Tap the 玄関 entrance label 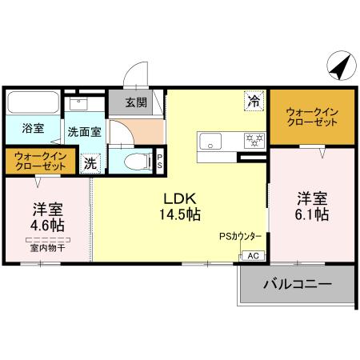click(x=136, y=102)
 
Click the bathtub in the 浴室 click(x=32, y=103)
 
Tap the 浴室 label click(x=33, y=128)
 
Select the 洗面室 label click(x=83, y=132)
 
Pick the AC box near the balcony click(x=252, y=256)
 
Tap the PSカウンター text click(x=240, y=237)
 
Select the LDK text click(x=181, y=198)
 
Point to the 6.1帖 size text click(x=312, y=214)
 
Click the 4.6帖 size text click(x=47, y=226)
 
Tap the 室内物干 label click(x=48, y=249)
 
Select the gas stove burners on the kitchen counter click(x=255, y=140)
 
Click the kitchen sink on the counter click(x=211, y=139)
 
